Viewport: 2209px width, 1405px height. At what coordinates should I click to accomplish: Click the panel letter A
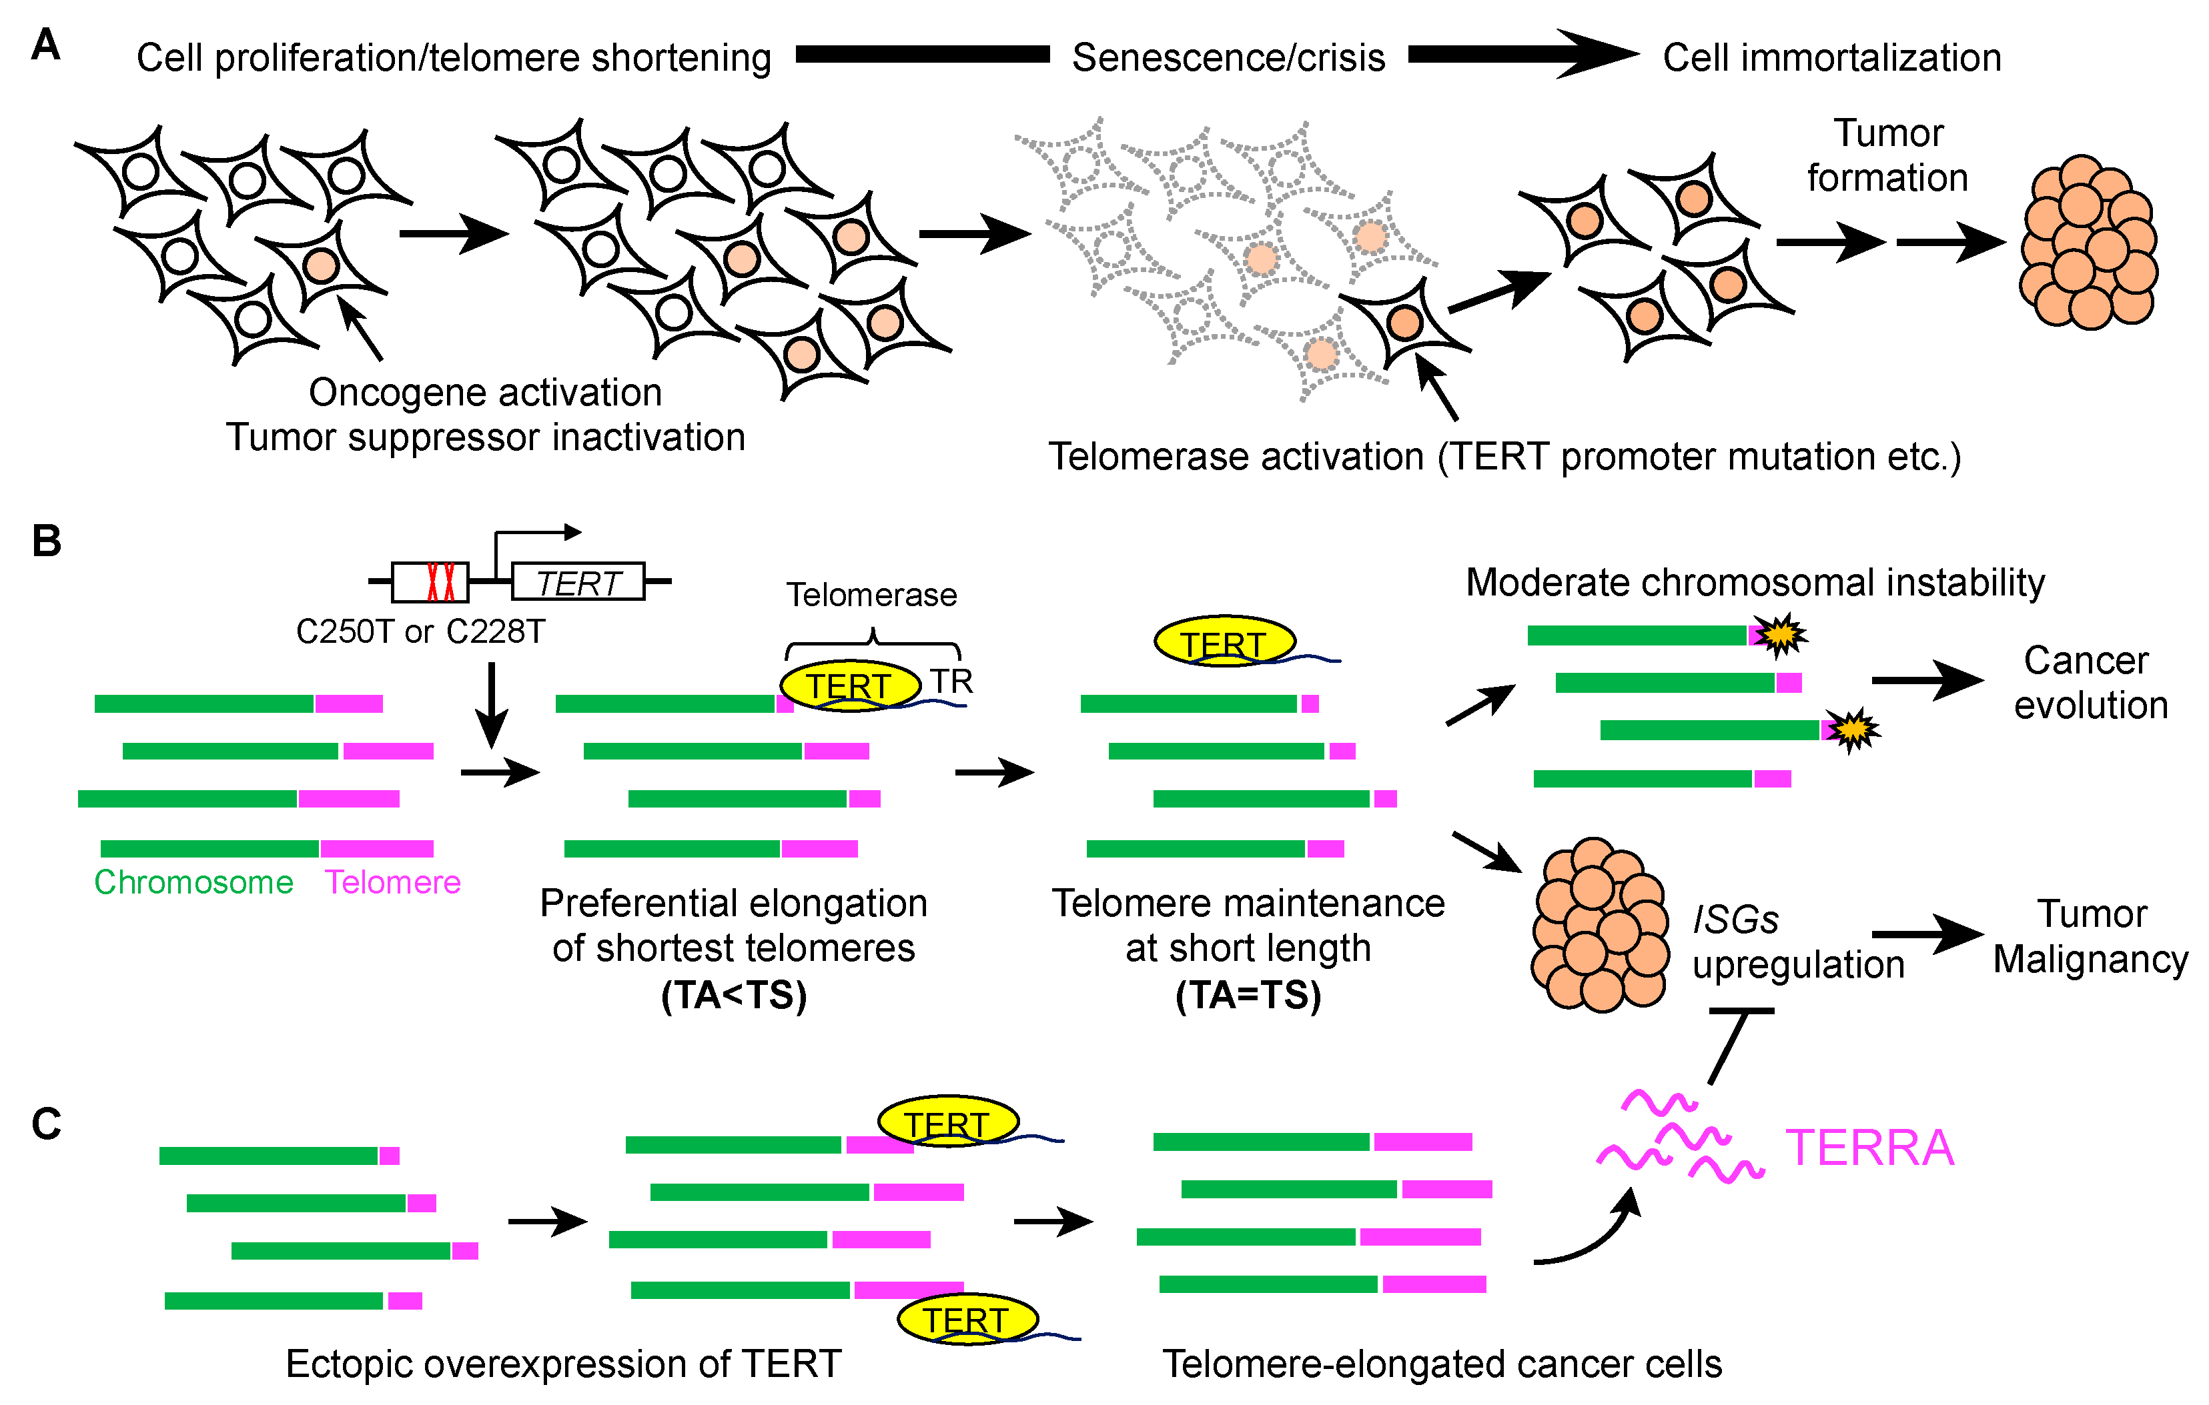46,44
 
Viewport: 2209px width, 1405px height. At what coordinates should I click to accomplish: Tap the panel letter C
46,1124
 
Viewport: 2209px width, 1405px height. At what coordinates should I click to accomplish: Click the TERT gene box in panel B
578,582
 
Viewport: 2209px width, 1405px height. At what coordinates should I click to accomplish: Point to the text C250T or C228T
420,632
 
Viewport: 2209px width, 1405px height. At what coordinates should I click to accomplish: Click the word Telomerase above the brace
871,595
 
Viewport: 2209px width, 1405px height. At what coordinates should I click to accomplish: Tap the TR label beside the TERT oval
951,681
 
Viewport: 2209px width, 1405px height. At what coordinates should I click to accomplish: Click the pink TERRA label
1869,1148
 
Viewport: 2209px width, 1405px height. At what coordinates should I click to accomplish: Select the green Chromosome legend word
193,882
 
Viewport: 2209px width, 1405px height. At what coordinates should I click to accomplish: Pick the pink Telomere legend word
392,882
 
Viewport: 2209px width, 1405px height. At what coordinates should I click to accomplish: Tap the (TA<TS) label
734,995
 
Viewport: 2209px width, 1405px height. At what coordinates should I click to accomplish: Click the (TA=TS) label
1248,995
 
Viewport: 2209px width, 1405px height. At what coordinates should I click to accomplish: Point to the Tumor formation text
1888,156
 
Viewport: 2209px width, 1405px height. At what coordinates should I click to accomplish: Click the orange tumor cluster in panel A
2089,243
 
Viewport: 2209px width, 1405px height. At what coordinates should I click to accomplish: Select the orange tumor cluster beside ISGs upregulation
1600,924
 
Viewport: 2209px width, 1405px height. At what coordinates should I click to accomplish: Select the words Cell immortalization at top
1832,58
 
